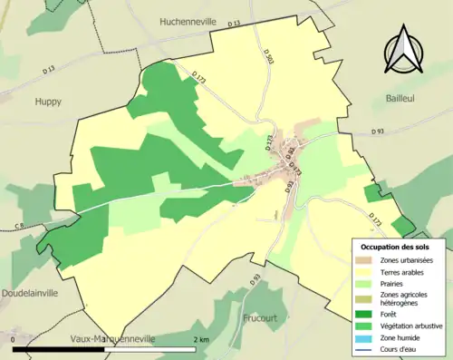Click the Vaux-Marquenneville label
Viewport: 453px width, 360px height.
pyautogui.click(x=113, y=338)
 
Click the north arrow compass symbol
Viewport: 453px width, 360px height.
pyautogui.click(x=405, y=51)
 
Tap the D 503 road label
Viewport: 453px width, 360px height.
pyautogui.click(x=268, y=56)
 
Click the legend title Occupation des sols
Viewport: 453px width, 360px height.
pyautogui.click(x=397, y=247)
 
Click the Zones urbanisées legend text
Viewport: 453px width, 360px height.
pyautogui.click(x=407, y=260)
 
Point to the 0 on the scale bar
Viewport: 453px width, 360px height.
pyautogui.click(x=14, y=339)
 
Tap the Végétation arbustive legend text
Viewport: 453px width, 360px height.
pyautogui.click(x=412, y=326)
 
